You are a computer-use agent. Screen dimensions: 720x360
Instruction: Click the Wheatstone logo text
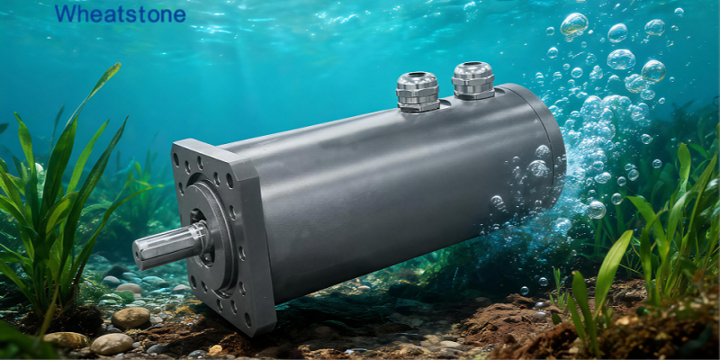(x=121, y=13)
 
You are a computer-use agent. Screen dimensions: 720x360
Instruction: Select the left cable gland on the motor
(x=418, y=92)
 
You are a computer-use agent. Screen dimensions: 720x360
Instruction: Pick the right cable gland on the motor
(x=473, y=80)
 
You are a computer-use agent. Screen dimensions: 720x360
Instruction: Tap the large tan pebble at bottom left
(x=130, y=318)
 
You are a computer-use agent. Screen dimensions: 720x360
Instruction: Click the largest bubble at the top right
(x=574, y=24)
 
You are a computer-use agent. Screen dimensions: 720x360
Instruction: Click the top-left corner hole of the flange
(x=175, y=159)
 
